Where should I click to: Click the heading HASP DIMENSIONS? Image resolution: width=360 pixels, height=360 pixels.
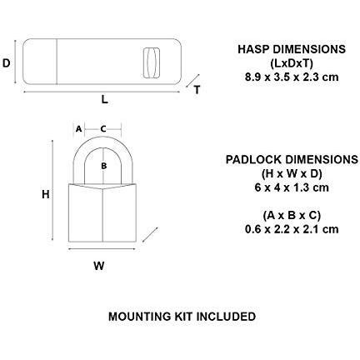(x=292, y=49)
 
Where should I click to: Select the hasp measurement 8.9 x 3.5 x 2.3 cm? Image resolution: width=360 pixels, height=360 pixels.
(x=292, y=77)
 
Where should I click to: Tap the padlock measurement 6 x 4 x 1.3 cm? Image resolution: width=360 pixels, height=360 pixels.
(x=292, y=187)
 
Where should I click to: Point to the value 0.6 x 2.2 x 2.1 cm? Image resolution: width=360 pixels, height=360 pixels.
(x=292, y=229)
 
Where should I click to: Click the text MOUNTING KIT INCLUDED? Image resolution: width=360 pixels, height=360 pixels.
(x=182, y=317)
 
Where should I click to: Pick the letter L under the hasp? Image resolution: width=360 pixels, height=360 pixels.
(x=104, y=99)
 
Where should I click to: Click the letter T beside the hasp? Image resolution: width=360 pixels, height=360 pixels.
(x=197, y=90)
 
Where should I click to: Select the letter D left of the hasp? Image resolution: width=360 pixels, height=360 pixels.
(x=6, y=63)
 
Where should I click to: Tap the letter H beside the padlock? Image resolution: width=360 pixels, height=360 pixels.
(x=46, y=194)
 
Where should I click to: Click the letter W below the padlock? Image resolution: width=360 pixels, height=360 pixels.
(x=99, y=266)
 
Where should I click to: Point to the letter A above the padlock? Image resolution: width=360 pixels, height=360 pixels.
(x=78, y=129)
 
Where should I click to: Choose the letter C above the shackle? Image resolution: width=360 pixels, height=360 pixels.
(x=103, y=129)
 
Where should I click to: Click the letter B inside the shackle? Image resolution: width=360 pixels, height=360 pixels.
(x=104, y=166)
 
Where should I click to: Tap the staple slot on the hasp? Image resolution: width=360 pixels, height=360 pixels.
(x=152, y=62)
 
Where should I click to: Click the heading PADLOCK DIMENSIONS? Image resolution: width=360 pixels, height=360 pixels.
(x=292, y=160)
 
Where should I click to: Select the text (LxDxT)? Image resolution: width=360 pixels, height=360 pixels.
(x=292, y=63)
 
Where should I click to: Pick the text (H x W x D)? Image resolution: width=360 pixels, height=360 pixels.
(x=292, y=174)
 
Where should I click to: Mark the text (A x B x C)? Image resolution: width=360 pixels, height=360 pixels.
(x=292, y=216)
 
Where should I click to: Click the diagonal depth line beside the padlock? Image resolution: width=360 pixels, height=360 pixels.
(x=150, y=235)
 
